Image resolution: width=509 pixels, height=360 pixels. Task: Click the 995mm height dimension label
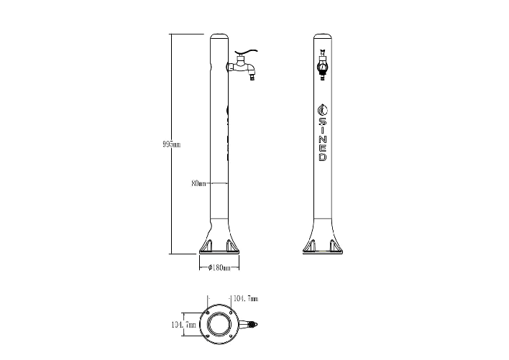point(171,144)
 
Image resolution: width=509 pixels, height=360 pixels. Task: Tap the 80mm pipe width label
point(198,183)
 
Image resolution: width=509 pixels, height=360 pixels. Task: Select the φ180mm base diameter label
point(219,267)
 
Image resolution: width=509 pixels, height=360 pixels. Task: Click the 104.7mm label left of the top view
point(183,324)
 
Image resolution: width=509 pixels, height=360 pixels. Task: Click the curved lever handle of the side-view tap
point(247,52)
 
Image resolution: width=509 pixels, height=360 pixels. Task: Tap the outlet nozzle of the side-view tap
point(252,78)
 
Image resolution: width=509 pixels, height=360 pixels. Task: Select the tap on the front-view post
point(323,65)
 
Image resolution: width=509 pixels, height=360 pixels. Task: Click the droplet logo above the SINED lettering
point(323,110)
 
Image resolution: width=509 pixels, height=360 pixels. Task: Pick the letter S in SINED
point(323,121)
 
